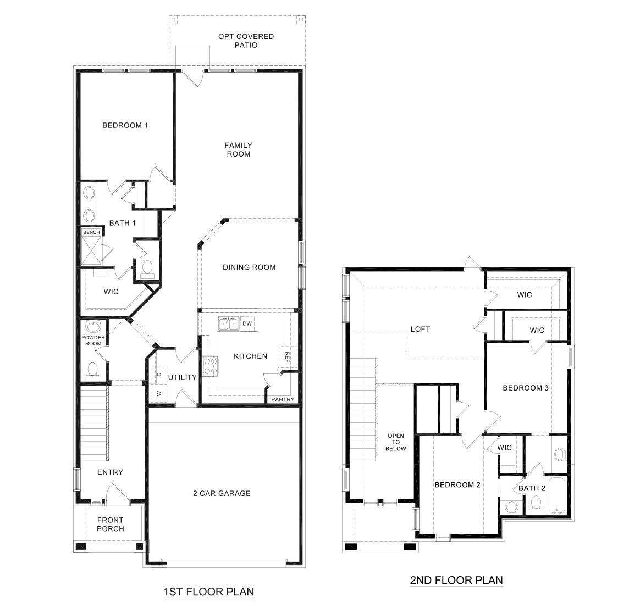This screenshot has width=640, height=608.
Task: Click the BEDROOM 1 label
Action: click(125, 125)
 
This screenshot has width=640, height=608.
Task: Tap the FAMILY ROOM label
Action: click(238, 149)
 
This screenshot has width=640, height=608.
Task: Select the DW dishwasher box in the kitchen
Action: click(247, 324)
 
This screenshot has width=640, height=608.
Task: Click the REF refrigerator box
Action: click(286, 356)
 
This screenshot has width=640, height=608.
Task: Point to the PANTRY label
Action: click(283, 399)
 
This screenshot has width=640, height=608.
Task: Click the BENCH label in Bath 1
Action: click(91, 232)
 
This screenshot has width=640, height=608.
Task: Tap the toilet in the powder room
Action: click(92, 371)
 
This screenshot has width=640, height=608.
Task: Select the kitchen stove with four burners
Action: click(209, 366)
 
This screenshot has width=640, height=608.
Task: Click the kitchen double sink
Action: click(228, 324)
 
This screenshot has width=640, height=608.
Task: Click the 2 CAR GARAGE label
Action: click(222, 493)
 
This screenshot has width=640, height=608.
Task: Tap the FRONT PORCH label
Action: click(111, 525)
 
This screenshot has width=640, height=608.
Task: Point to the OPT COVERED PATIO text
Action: click(246, 41)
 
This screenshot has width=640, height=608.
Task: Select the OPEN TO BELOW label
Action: click(396, 442)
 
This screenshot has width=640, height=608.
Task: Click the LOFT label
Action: click(420, 330)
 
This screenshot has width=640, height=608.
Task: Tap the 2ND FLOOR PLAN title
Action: click(456, 580)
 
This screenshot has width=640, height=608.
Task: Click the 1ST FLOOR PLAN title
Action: click(208, 592)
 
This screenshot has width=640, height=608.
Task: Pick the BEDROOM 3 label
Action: click(526, 388)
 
